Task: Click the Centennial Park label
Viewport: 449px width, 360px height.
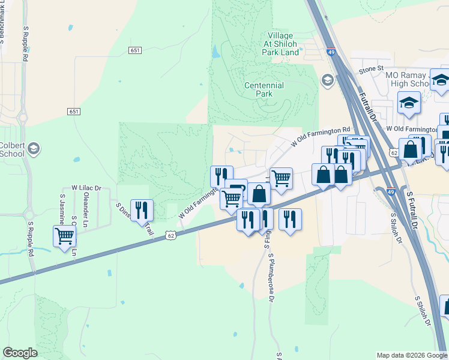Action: tap(264, 90)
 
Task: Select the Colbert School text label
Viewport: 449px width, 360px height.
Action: tap(12, 149)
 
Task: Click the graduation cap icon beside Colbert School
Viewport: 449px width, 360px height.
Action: tap(34, 148)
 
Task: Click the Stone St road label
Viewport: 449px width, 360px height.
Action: tap(371, 69)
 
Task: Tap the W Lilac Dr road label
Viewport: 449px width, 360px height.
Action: tap(87, 188)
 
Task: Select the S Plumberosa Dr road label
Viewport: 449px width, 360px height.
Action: tap(271, 277)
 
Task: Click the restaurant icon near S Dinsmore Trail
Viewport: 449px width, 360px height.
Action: tap(142, 209)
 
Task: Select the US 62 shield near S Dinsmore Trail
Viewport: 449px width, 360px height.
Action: tap(171, 235)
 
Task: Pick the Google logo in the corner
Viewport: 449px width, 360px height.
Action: tap(20, 353)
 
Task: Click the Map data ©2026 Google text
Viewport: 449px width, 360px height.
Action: tap(412, 355)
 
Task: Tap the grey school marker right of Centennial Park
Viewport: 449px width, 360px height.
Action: tap(327, 80)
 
